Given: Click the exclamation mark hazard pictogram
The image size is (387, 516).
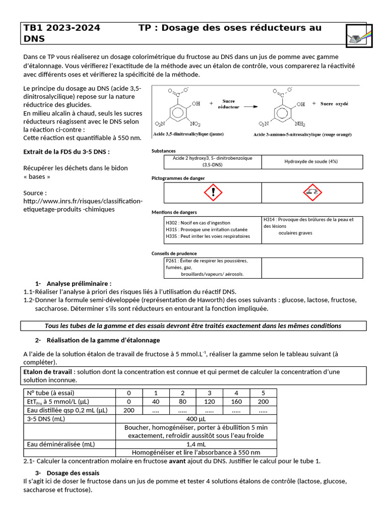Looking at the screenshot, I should coord(213,192).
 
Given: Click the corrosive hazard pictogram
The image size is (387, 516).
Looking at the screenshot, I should coord(312,192).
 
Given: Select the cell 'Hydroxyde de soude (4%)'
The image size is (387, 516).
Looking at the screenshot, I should coord(311,161).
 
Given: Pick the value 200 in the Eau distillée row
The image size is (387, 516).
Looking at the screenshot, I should coord(129,410).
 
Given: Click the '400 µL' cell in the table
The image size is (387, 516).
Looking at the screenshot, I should coord(196,419).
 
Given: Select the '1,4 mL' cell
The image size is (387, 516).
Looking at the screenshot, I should coord(196,444).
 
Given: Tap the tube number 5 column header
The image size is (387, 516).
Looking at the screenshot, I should coord(263,393).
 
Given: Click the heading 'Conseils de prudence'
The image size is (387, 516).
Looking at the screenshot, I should coord(174,253).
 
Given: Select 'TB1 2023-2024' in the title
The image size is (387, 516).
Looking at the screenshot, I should coord(62,28).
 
